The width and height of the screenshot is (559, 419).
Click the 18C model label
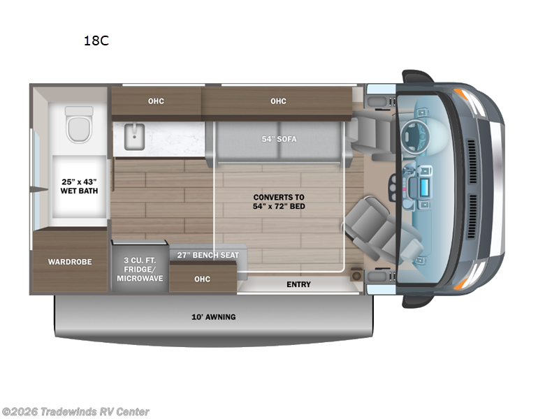coord(96,41)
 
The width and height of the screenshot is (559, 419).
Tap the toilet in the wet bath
coord(79,126)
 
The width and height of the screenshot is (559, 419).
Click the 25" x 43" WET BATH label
coord(77,186)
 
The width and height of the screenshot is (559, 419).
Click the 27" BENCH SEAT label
coord(208,255)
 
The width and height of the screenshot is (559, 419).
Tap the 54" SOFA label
coord(279,139)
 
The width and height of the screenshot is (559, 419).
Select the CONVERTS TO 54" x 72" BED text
coord(279,201)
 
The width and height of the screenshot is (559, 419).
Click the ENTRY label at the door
coord(298,284)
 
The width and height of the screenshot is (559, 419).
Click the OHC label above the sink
coord(156,101)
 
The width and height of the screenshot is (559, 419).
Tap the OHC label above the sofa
coord(278,101)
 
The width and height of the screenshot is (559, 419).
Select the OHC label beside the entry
coord(202,279)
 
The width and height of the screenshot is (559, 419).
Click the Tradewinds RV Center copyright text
coord(75,412)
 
